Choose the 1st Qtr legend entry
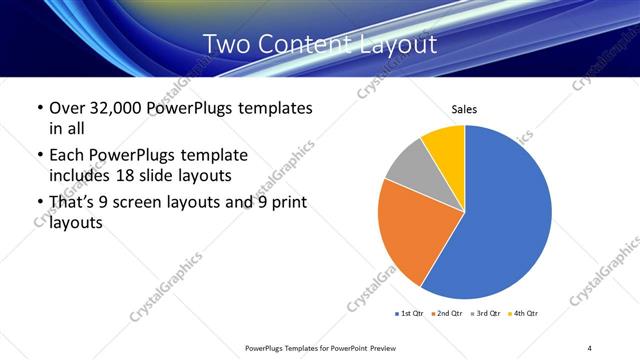tap(410, 314)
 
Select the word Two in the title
tap(228, 45)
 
